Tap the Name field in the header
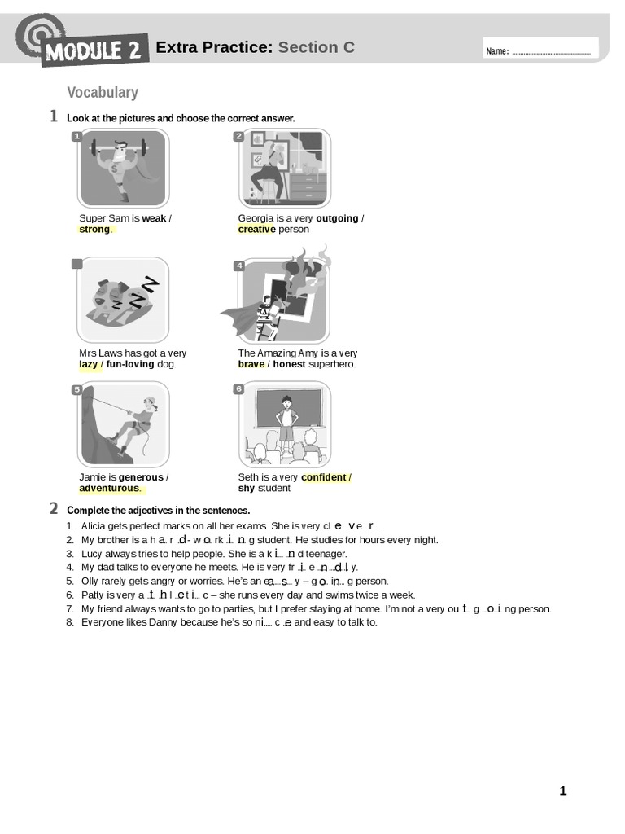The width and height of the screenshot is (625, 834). [x=540, y=51]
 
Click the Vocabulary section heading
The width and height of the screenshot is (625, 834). [x=103, y=93]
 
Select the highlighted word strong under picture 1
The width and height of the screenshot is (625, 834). [x=94, y=230]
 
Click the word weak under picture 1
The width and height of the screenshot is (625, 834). [x=154, y=218]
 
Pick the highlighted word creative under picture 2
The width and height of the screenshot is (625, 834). [x=256, y=230]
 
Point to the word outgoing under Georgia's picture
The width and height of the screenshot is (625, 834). [x=337, y=218]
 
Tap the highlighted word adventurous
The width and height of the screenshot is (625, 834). [x=109, y=489]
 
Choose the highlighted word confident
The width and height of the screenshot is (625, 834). [x=323, y=477]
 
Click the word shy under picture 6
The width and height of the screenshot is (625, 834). [x=247, y=489]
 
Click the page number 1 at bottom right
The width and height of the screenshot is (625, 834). [x=562, y=791]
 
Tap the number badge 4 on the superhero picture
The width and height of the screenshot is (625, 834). [x=238, y=266]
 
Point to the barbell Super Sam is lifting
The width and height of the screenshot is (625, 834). [x=119, y=148]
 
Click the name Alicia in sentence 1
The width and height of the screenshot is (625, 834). [x=95, y=526]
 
